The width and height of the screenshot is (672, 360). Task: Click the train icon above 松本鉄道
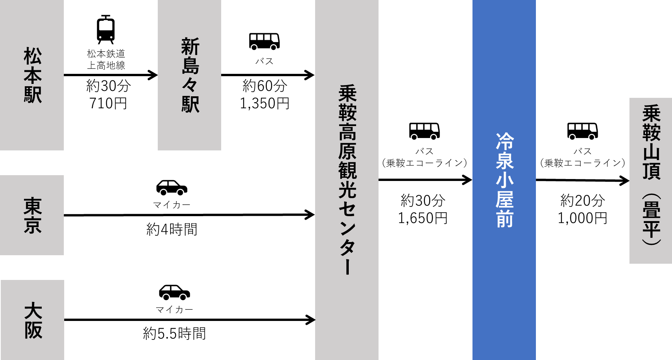[106, 29]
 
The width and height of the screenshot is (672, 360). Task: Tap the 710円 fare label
[108, 103]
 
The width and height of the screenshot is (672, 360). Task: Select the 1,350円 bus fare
[264, 103]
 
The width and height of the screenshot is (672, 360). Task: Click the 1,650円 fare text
[423, 218]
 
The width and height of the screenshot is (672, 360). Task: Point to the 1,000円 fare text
[582, 218]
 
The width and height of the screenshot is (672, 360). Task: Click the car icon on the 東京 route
[172, 188]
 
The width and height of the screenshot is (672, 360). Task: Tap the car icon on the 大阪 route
[174, 292]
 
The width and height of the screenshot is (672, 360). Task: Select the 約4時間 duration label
[172, 229]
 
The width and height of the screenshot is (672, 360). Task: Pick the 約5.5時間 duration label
[174, 333]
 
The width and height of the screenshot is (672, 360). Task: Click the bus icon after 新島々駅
[264, 41]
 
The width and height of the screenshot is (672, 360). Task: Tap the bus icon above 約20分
[582, 131]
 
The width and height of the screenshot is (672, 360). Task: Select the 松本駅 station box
[32, 75]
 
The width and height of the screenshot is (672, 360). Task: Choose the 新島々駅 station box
[189, 75]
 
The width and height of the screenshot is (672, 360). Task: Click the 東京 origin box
[32, 215]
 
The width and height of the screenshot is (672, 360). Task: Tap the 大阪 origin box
[32, 320]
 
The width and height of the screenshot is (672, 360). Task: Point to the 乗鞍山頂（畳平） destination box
[650, 181]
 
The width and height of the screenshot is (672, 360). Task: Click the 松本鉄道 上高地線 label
[106, 60]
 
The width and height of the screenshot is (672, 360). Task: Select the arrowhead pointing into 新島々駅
[154, 75]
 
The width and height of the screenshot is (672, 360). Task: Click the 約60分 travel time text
[264, 86]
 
